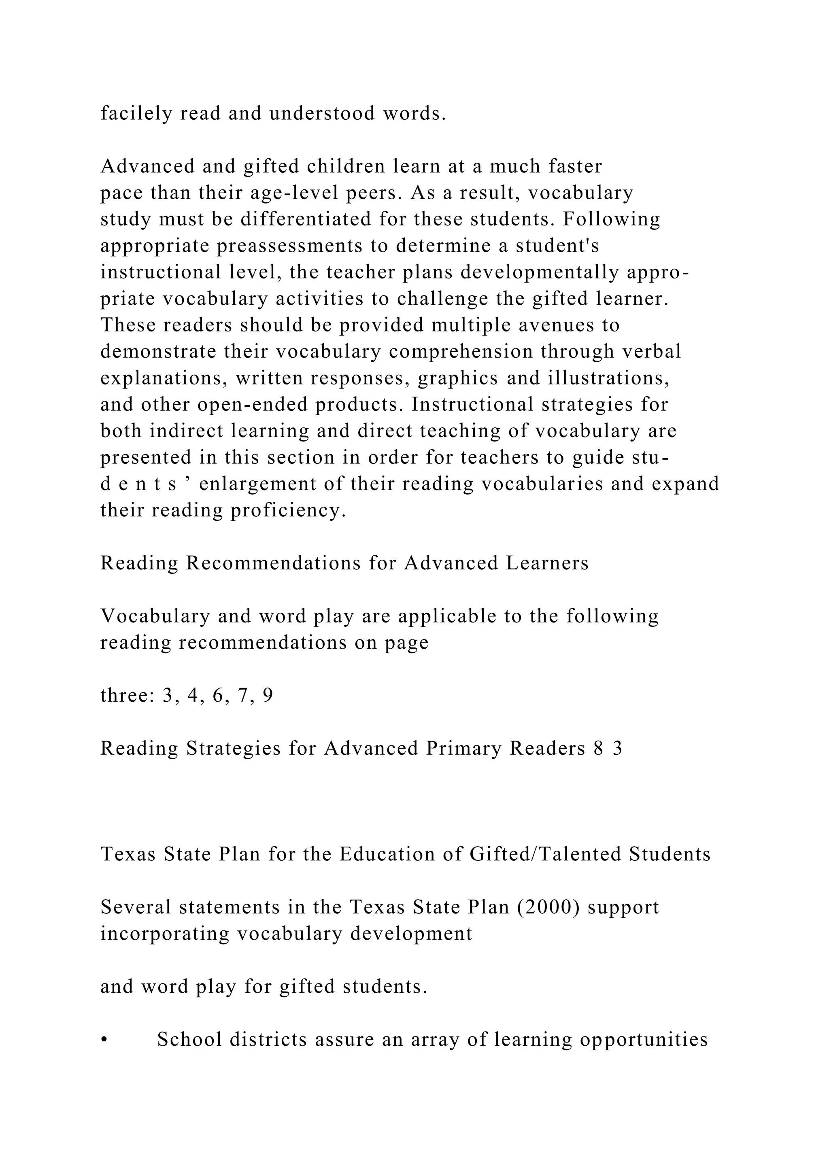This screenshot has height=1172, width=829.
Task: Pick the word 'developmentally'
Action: tap(540, 273)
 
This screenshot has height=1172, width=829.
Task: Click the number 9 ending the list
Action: tap(268, 696)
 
